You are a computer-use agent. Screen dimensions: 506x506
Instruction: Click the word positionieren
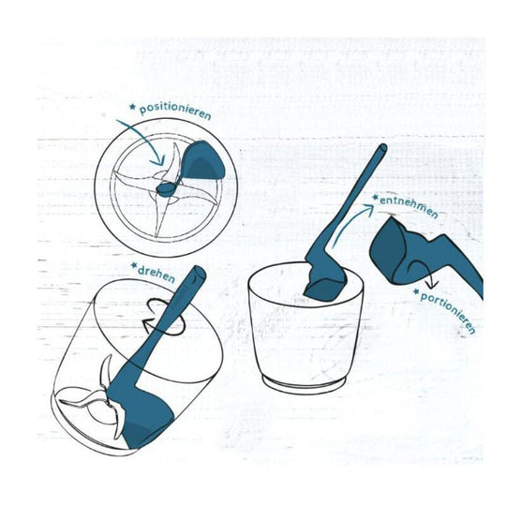click(175, 112)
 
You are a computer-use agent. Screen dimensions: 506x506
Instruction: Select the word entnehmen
click(409, 205)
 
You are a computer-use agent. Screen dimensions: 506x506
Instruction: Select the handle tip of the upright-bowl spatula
click(382, 149)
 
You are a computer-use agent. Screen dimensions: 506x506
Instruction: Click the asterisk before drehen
click(134, 263)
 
